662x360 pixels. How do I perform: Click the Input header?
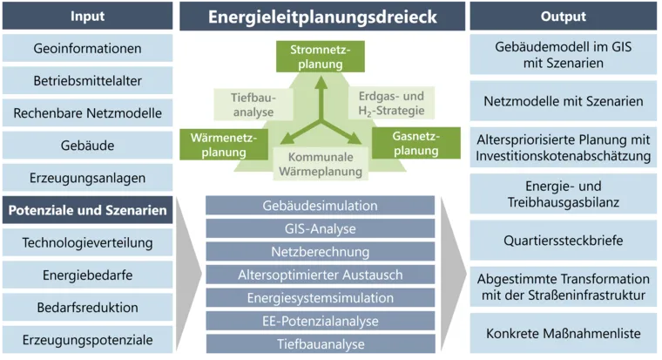88,17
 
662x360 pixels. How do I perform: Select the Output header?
564,17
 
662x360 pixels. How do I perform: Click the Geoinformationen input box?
88,49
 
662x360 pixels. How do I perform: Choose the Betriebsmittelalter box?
88,81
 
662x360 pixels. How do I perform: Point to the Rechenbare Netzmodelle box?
88,113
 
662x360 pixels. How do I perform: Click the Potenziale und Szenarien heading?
88,210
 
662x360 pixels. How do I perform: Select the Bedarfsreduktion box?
88,307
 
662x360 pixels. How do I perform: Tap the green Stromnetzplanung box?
314,57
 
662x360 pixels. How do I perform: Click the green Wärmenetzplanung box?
218,144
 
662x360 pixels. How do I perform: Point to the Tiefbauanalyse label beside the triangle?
253,105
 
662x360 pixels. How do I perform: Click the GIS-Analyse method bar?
320,229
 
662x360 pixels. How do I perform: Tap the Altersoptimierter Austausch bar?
320,275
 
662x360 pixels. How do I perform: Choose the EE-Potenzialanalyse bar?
320,321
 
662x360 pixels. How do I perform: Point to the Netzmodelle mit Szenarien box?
564,101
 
